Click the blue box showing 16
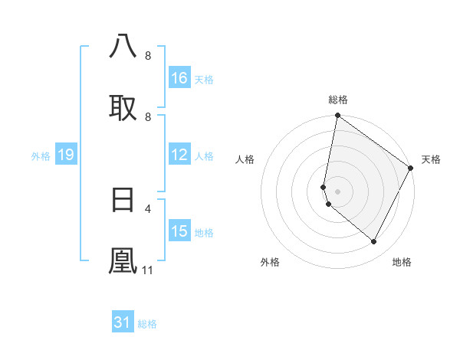coord(179,78)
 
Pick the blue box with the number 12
coord(179,155)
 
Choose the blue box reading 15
coord(179,231)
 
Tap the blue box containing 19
coord(65,155)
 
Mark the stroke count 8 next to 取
coord(148,117)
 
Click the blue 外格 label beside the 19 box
coord(41,156)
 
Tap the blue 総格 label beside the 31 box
coord(147,324)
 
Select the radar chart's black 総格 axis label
coord(338,100)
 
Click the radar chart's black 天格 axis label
coord(431,159)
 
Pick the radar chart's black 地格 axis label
coord(402,262)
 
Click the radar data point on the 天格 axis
coord(411,168)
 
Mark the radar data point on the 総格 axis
coord(337,116)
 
